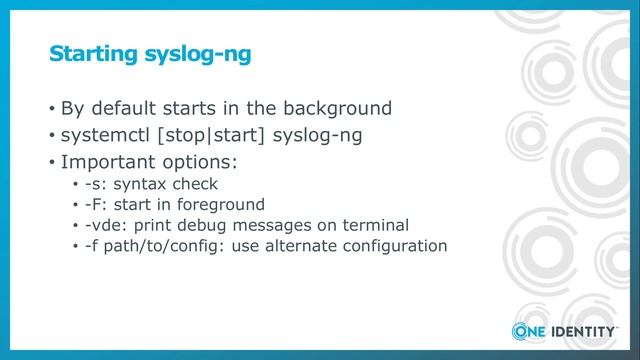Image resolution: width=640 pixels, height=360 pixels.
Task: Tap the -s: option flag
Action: click(x=96, y=184)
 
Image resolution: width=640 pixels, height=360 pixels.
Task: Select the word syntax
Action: click(x=139, y=185)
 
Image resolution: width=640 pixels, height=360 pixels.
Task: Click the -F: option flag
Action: click(x=97, y=204)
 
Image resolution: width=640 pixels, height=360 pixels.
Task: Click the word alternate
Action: click(x=307, y=245)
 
